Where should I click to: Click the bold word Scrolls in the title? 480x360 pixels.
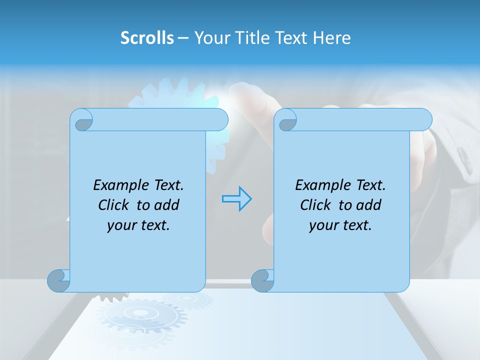[147, 38]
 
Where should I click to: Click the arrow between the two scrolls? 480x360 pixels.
[236, 199]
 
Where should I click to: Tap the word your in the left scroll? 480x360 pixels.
[120, 225]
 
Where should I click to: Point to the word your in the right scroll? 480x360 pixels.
[322, 225]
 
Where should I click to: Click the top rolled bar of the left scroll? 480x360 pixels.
[155, 119]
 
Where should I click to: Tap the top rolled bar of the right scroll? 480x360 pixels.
[360, 119]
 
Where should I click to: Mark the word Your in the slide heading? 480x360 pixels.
[209, 38]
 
